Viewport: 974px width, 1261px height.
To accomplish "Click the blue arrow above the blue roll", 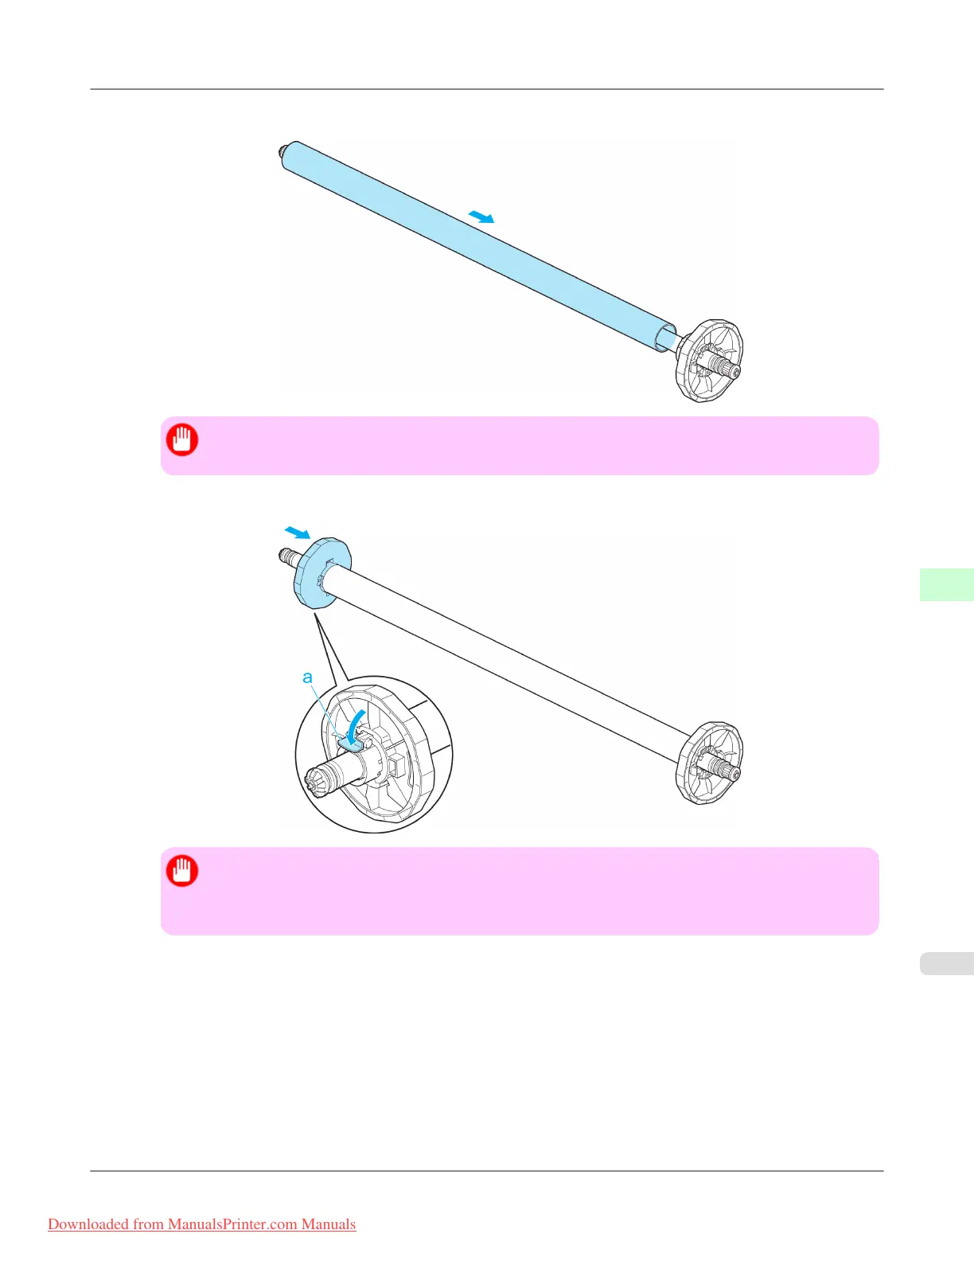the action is (481, 217).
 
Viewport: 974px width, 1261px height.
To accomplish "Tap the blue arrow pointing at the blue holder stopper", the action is (297, 532).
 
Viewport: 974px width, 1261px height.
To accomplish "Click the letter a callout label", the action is (307, 677).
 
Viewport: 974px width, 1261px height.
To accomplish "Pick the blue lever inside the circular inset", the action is (351, 742).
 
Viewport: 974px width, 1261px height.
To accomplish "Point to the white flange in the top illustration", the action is (707, 361).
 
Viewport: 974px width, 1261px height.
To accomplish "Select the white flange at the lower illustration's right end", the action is (707, 763).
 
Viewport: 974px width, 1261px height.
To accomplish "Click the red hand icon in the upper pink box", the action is (182, 439).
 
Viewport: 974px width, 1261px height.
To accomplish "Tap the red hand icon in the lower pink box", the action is (182, 870).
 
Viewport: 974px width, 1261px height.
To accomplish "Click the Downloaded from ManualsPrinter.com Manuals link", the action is (202, 1224).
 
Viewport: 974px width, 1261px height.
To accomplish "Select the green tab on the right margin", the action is (946, 584).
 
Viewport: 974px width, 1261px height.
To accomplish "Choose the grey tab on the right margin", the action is (946, 963).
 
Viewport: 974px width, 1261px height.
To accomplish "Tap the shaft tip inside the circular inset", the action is (315, 783).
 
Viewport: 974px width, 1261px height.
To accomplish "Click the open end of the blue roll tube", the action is (664, 338).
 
